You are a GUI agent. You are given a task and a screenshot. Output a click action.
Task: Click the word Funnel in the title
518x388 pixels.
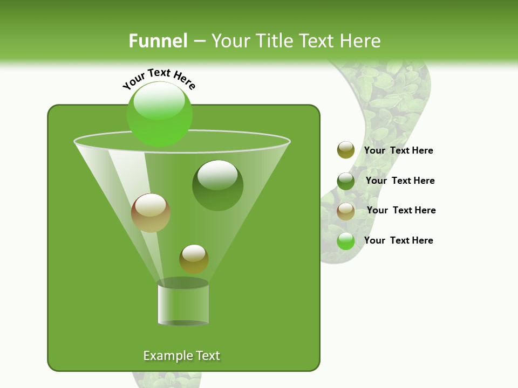click(x=158, y=40)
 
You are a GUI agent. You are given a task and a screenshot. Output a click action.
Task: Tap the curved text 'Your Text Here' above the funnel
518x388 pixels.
click(x=159, y=79)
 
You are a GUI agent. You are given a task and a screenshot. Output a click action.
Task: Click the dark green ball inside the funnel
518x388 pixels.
click(x=217, y=186)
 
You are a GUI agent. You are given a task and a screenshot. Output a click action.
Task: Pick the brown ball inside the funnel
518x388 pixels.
click(x=151, y=213)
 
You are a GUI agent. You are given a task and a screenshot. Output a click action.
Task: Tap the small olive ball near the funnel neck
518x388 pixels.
click(x=194, y=259)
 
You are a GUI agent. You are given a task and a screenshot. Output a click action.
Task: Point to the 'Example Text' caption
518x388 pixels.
click(x=181, y=356)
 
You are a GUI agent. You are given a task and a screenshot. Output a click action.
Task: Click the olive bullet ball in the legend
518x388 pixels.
click(x=346, y=150)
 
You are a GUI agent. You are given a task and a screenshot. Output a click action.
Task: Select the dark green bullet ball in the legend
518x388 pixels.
click(x=346, y=181)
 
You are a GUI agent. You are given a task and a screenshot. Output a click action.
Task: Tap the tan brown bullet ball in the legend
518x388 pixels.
click(x=346, y=211)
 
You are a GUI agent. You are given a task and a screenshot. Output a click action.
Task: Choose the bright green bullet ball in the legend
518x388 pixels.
click(x=346, y=241)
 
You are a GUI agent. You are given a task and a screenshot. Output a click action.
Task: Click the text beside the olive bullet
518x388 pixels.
click(x=398, y=150)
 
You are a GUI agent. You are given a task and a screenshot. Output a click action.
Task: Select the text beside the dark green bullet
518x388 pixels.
click(x=400, y=181)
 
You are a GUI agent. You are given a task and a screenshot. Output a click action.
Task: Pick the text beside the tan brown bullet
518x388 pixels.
click(x=401, y=210)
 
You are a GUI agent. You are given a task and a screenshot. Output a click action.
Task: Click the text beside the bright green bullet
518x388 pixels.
click(x=398, y=240)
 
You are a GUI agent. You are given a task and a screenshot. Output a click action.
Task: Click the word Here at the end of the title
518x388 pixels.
click(x=361, y=40)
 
